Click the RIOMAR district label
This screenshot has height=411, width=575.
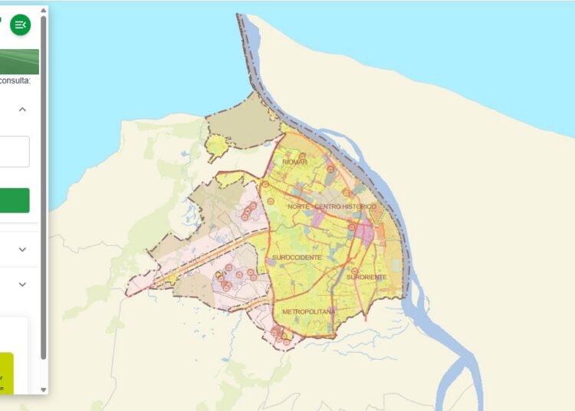point(294,163)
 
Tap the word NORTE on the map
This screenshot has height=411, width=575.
point(298,207)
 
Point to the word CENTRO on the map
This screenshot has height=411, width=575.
point(328,207)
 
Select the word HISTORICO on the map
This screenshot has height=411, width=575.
point(360,207)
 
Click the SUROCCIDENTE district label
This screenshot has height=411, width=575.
point(297,258)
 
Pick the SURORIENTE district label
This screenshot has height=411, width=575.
point(366,276)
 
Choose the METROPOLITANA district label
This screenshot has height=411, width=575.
point(309,312)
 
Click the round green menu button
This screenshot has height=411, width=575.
point(21,25)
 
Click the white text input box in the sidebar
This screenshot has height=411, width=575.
point(15,151)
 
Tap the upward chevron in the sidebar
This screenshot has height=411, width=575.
point(22,110)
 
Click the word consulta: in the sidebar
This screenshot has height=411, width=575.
point(15,81)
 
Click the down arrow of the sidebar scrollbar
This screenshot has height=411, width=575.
point(44,390)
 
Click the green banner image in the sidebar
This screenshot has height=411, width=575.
point(19,61)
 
